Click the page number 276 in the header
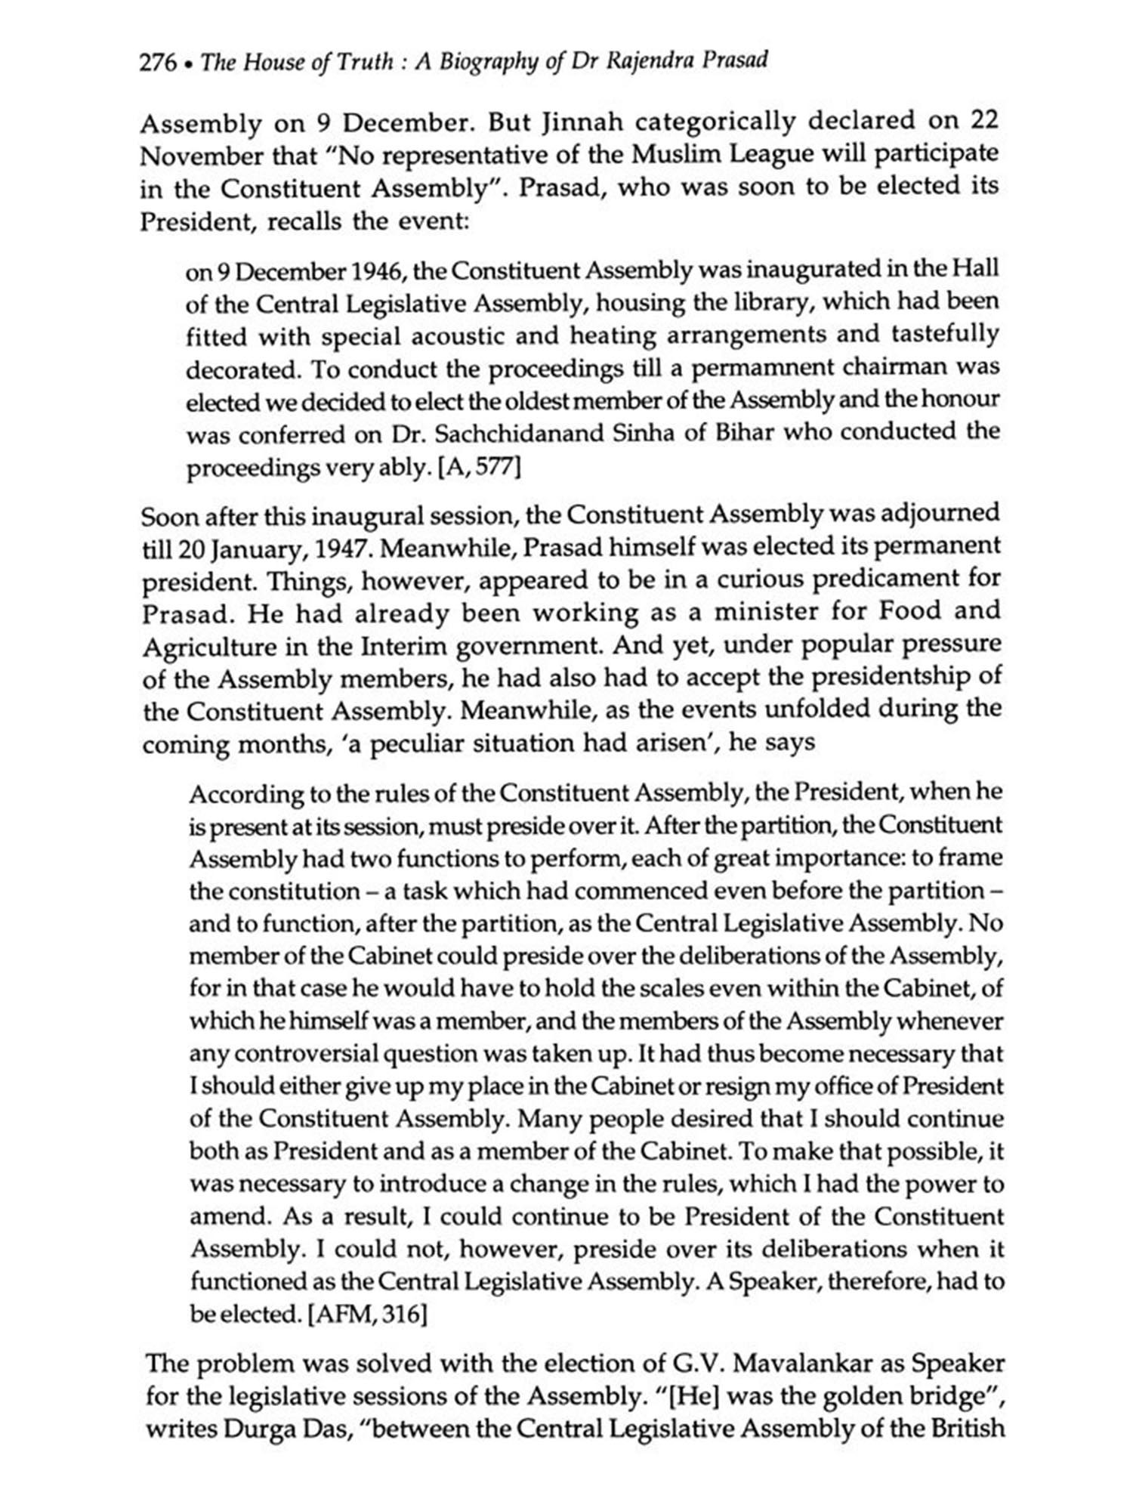[156, 63]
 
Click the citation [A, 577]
[479, 468]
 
